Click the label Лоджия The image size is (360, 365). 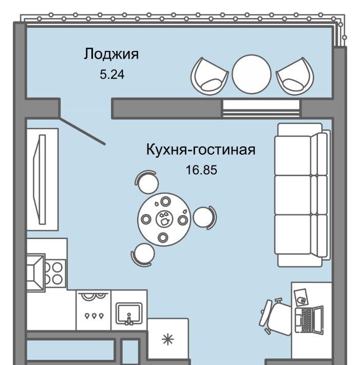[111, 54]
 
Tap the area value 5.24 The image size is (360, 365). [112, 74]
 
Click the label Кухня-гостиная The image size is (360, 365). [201, 150]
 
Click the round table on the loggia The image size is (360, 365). [251, 74]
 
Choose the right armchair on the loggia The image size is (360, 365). [294, 76]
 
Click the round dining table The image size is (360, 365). [164, 218]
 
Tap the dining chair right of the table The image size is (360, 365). [204, 217]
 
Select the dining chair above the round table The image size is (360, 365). [146, 181]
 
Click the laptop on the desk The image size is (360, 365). [310, 319]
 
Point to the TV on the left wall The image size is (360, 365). [39, 178]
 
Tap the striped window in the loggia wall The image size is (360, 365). [261, 107]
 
